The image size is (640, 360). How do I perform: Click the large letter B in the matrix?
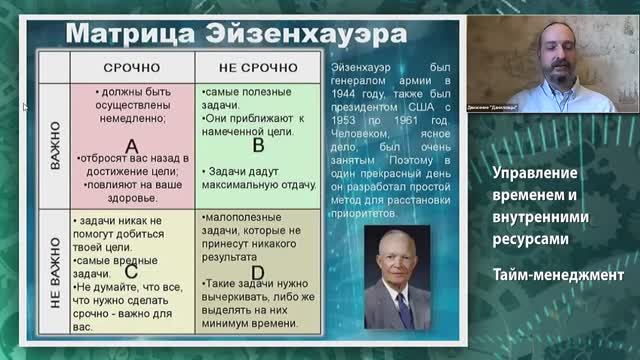(x=258, y=146)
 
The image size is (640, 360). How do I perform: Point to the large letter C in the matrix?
(x=131, y=271)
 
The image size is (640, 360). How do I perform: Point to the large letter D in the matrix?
(x=258, y=271)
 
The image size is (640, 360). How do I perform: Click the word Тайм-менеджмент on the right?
(x=557, y=273)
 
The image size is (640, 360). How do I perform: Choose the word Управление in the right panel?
(x=536, y=173)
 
